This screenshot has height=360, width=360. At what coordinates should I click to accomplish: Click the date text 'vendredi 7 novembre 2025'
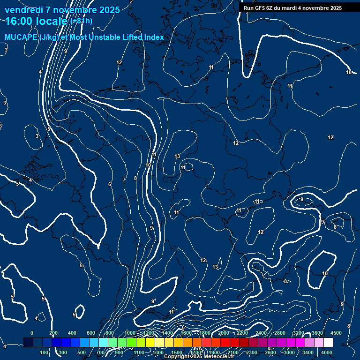coord(62,10)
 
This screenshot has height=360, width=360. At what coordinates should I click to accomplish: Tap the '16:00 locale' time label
coord(37,21)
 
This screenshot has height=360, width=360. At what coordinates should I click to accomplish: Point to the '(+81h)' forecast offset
coord(81,21)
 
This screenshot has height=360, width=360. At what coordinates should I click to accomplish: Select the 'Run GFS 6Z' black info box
coord(292,8)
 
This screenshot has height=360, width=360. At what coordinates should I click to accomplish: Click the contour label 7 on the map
coord(124,180)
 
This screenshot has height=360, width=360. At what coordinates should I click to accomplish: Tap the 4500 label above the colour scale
coord(336,333)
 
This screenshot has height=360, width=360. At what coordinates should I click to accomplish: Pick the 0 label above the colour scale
coord(32,333)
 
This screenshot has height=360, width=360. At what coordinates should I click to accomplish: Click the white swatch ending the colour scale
coord(328,343)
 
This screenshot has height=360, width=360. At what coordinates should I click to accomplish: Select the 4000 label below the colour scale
coord(327,352)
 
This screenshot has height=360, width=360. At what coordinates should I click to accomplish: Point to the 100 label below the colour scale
coord(45,352)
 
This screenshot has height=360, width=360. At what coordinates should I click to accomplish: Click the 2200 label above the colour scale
coord(242,333)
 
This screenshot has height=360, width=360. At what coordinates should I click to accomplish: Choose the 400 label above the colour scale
coord(72,333)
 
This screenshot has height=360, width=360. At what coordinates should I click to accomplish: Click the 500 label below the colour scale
coord(82,352)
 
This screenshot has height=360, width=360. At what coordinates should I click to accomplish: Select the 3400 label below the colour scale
coord(308,352)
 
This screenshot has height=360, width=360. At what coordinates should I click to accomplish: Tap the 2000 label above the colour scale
coord(224,333)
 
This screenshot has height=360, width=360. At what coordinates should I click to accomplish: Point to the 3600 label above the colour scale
coord(317,333)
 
